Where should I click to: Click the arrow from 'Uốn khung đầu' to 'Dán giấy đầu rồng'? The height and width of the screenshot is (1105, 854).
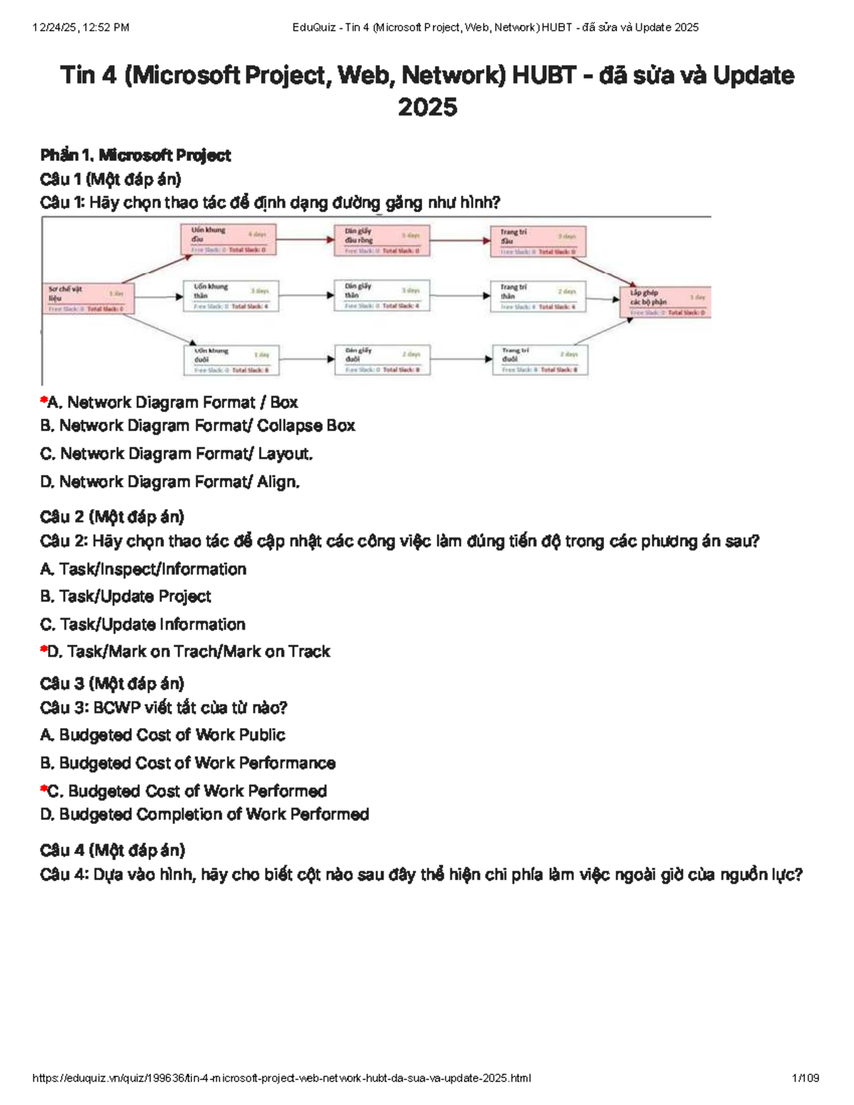pyautogui.click(x=305, y=240)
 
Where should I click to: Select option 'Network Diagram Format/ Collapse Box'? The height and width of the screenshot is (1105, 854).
pyautogui.click(x=206, y=425)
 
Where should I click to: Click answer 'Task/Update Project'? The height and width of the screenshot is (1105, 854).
pyautogui.click(x=135, y=596)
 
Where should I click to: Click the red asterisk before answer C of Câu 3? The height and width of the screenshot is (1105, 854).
pyautogui.click(x=43, y=789)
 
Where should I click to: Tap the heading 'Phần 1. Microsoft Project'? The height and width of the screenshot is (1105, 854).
pyautogui.click(x=135, y=155)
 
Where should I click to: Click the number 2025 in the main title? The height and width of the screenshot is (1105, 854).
pyautogui.click(x=427, y=108)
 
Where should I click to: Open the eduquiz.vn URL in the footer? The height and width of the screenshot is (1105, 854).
pyautogui.click(x=282, y=1078)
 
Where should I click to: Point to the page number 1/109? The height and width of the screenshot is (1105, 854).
pyautogui.click(x=806, y=1078)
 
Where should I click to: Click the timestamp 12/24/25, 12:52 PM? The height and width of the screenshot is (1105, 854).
pyautogui.click(x=81, y=28)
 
